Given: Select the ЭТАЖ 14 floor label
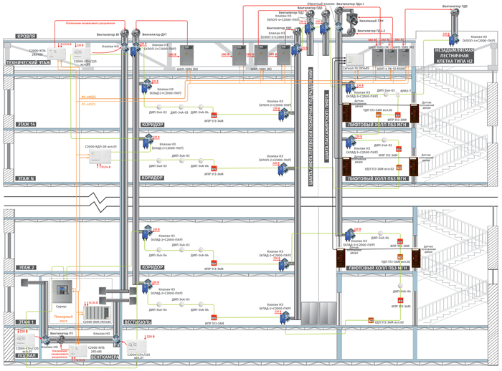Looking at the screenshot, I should pyautogui.click(x=25, y=125).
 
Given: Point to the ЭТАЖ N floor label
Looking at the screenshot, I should pyautogui.click(x=25, y=178).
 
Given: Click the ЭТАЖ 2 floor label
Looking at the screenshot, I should pyautogui.click(x=25, y=268).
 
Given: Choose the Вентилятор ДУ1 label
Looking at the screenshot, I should pyautogui.click(x=155, y=34).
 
